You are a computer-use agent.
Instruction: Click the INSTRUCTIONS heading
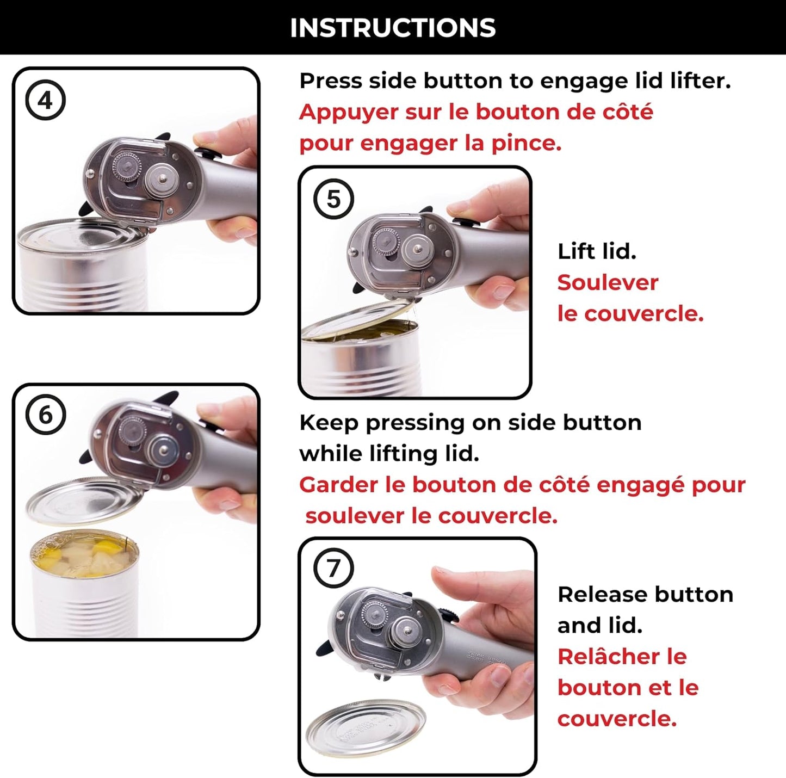[392, 28]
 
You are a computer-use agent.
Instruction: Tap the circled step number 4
[46, 101]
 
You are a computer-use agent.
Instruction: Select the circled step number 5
[333, 199]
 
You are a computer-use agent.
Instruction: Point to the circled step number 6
[46, 415]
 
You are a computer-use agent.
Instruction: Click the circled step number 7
[333, 569]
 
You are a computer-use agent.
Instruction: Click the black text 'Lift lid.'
[597, 251]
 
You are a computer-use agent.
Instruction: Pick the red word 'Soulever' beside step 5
[608, 282]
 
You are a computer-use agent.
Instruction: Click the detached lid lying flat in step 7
[366, 727]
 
